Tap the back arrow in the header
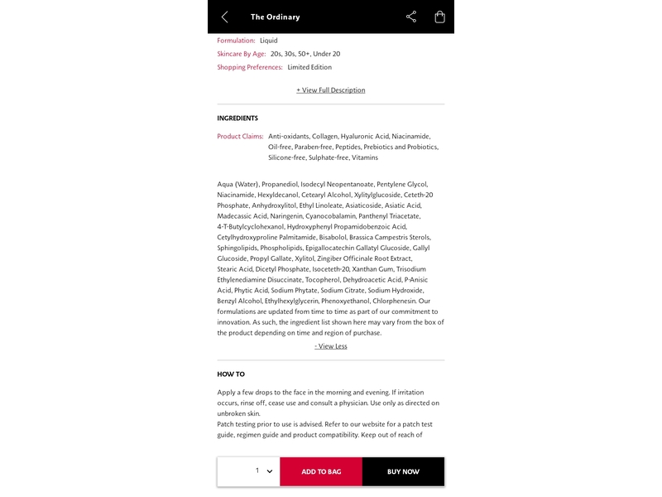pos(224,17)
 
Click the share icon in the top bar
pos(411,17)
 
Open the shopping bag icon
pos(439,17)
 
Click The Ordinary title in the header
pos(275,17)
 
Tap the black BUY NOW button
pos(403,471)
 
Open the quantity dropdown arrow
pos(270,471)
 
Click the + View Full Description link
pos(331,90)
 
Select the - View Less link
pos(331,346)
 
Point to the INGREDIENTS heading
pos(237,118)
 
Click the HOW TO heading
pos(231,374)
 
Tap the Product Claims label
pos(240,136)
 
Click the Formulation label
pos(236,41)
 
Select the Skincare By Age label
pos(241,54)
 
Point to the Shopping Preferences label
pos(250,67)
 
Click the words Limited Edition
pos(309,67)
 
